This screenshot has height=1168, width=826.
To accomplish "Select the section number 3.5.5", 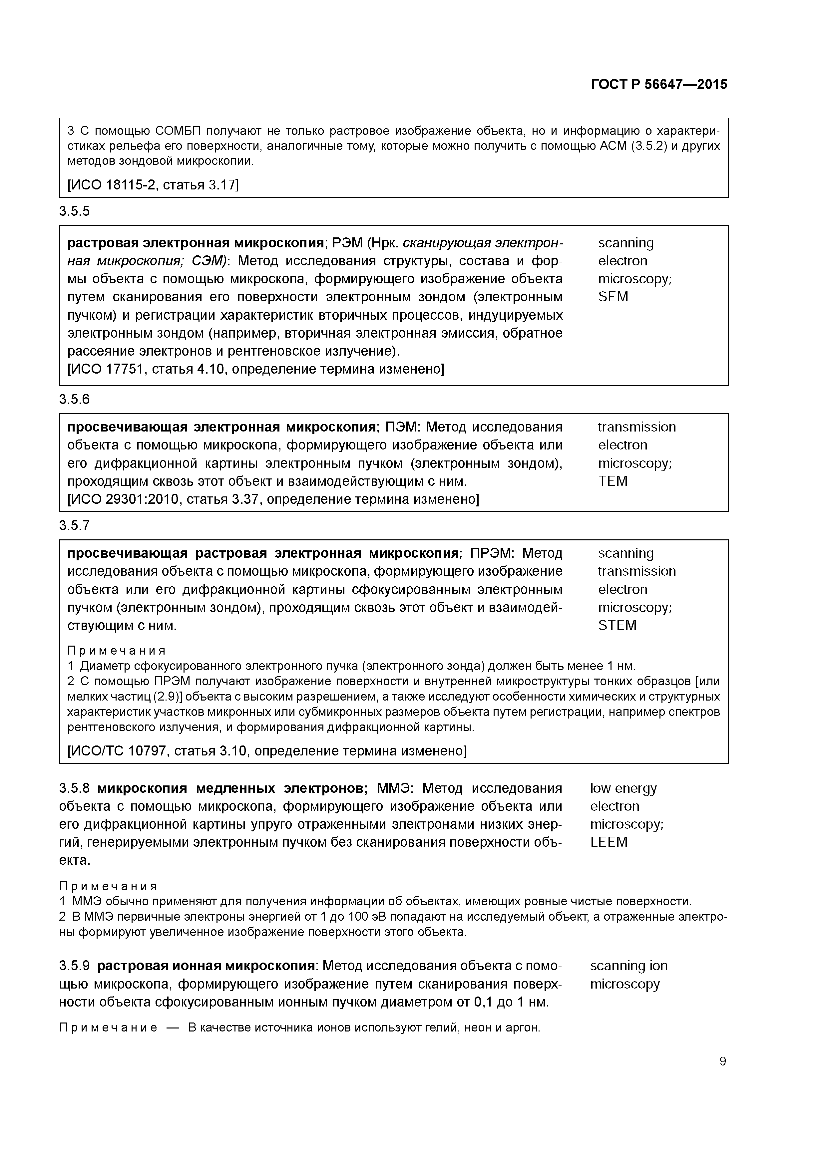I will (x=74, y=211).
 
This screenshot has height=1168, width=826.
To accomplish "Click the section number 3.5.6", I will (x=74, y=399).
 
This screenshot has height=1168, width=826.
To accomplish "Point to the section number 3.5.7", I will (x=74, y=525).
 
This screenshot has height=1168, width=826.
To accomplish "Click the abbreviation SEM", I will (x=613, y=297).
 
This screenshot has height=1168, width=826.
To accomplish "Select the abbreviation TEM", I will (x=613, y=481).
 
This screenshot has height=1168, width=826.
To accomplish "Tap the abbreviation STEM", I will (x=617, y=625).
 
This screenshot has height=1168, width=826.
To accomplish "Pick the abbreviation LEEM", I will (x=609, y=842).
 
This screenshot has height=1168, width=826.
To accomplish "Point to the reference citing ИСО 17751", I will (x=255, y=369).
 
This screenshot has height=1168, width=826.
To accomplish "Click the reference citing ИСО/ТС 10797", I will (x=267, y=751).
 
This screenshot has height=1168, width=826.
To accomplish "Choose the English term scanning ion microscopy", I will (x=628, y=975).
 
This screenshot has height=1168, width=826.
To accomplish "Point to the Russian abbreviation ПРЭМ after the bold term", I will (x=492, y=553).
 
